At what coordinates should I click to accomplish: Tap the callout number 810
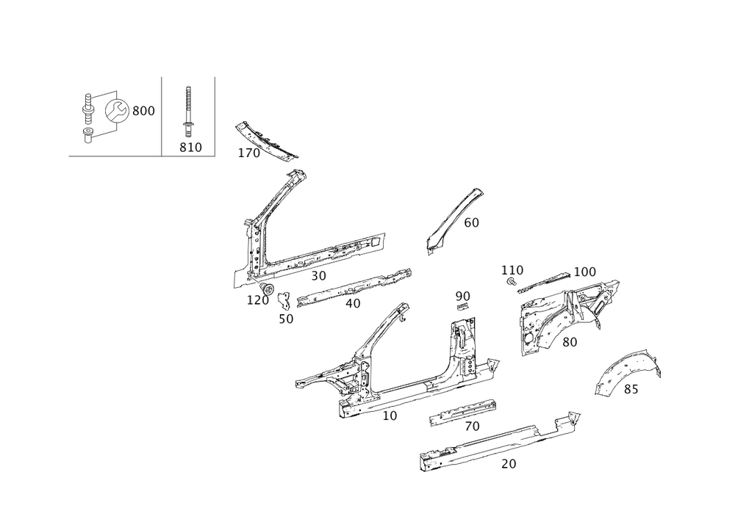point(190,148)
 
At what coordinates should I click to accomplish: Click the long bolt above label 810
point(187,110)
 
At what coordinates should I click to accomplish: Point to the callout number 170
point(248,153)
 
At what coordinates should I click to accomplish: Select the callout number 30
point(318,276)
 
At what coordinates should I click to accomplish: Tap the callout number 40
point(353,302)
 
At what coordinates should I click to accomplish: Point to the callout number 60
point(471,222)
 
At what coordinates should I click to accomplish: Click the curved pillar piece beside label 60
point(452,220)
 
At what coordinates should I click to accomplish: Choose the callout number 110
point(512,270)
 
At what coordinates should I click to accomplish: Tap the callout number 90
point(462,296)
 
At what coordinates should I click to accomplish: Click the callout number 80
point(570,341)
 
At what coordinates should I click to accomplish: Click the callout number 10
point(390,415)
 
